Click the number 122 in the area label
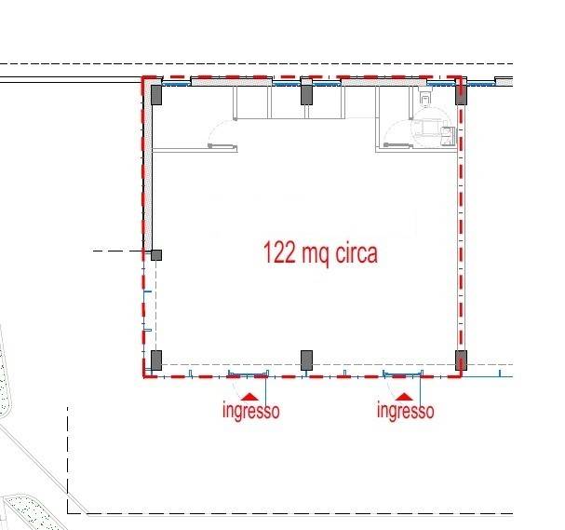[279, 252]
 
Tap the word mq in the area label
[316, 255]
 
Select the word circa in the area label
[356, 252]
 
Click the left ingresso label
[251, 411]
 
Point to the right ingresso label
[406, 411]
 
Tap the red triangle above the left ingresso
[249, 397]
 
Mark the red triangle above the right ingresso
[404, 397]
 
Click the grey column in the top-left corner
[156, 95]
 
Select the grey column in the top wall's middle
[306, 95]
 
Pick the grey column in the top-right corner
[461, 95]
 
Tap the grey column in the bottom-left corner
[156, 360]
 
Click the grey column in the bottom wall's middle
[306, 360]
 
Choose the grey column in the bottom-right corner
[461, 360]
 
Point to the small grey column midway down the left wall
[156, 255]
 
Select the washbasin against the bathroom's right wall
[449, 136]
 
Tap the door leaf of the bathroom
[398, 145]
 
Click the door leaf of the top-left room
[222, 146]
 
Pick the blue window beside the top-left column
[176, 84]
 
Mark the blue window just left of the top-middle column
[286, 84]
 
